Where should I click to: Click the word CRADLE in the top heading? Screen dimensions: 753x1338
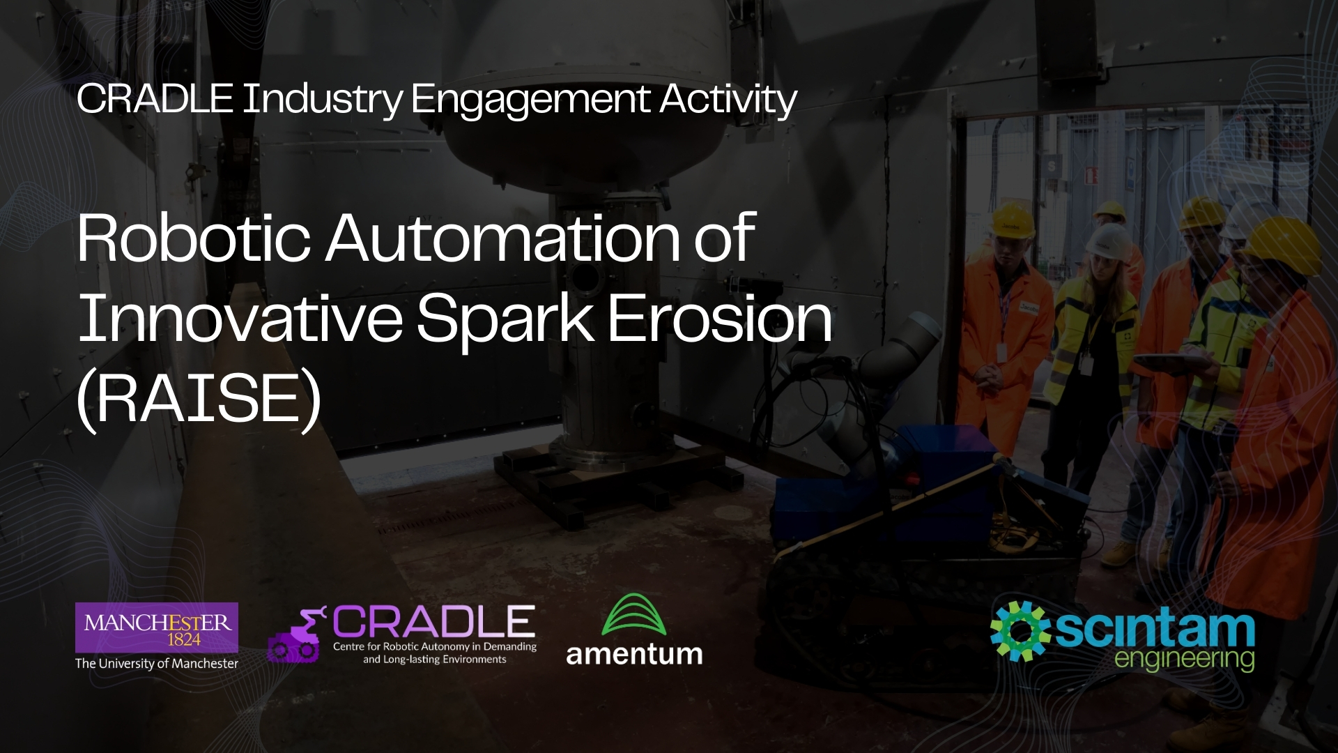tap(154, 99)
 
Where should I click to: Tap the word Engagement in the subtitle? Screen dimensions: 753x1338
tap(530, 99)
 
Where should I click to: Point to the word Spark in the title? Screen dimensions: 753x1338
tap(505, 318)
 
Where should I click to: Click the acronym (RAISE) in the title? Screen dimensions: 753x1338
tap(199, 397)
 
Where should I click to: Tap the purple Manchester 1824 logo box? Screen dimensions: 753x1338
tap(157, 627)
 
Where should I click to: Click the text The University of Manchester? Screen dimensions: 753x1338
tap(157, 664)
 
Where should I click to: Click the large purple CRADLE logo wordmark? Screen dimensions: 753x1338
tap(433, 622)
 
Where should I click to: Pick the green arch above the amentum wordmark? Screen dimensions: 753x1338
tap(633, 614)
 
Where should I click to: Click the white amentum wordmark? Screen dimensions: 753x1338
tap(634, 655)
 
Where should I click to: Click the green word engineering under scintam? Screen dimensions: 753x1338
tap(1184, 659)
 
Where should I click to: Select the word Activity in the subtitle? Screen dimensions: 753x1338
tap(728, 99)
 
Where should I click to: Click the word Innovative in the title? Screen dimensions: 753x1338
tap(240, 318)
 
